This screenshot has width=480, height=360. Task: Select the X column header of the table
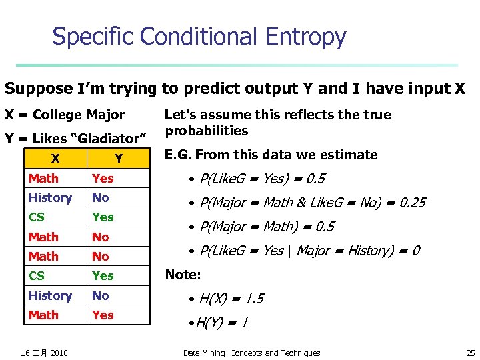(x=55, y=159)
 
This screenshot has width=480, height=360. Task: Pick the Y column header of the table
(x=118, y=159)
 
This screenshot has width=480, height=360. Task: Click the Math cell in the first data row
(x=43, y=179)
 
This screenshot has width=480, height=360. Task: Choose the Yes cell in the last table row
(x=103, y=315)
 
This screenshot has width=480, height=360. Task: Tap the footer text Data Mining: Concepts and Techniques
(x=251, y=353)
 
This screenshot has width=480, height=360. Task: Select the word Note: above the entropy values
(x=182, y=275)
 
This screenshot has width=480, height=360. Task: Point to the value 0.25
(x=411, y=203)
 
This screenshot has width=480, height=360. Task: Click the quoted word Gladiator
(x=106, y=139)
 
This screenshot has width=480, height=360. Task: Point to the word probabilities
(x=207, y=131)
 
